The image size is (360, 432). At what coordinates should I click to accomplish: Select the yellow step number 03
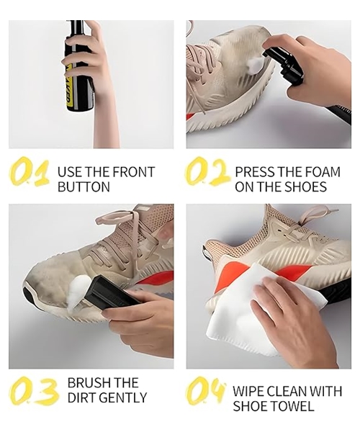33,390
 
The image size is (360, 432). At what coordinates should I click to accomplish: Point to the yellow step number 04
207,392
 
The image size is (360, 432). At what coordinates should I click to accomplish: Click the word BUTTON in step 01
84,187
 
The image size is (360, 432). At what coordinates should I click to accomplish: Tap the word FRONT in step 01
133,172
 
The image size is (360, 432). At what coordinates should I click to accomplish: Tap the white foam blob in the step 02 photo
253,67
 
